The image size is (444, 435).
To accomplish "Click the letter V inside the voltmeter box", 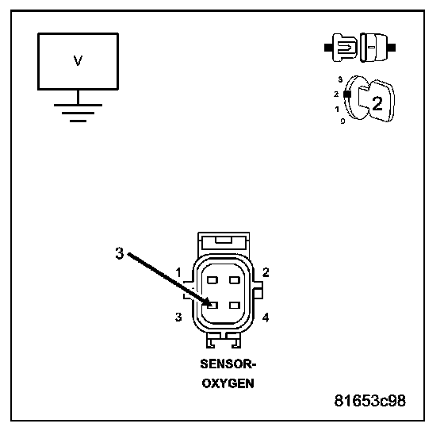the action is click(x=78, y=60).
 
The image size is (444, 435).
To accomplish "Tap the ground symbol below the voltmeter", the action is click(x=78, y=114).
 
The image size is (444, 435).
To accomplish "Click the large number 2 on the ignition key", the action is click(x=377, y=103).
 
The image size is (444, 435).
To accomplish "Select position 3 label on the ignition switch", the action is click(x=340, y=79).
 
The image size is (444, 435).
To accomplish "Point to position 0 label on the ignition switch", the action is click(x=343, y=121).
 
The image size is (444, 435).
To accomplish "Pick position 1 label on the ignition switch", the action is click(x=337, y=109).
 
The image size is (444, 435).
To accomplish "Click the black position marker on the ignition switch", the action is click(x=347, y=94).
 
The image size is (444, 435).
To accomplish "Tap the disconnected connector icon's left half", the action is click(x=341, y=48).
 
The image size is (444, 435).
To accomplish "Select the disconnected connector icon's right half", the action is click(x=377, y=48).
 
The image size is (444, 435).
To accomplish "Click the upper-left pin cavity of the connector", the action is click(x=212, y=280).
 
